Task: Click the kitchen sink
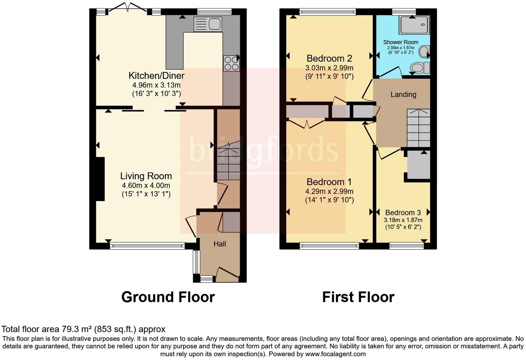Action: [x=208, y=24]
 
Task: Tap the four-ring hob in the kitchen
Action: [x=231, y=63]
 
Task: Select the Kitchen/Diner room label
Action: [x=156, y=75]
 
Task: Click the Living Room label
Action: [x=146, y=176]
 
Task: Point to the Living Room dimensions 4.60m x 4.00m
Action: [x=146, y=186]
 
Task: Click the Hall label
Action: [x=220, y=244]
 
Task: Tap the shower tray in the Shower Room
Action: [x=414, y=25]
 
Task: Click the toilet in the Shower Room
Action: [x=419, y=67]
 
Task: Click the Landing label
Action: [x=403, y=94]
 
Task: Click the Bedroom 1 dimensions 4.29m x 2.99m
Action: [x=329, y=191]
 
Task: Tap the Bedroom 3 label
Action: [x=403, y=213]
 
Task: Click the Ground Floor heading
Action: [x=168, y=297]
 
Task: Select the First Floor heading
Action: [x=358, y=297]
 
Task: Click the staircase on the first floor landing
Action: [x=418, y=128]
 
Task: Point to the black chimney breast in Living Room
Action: [x=100, y=179]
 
